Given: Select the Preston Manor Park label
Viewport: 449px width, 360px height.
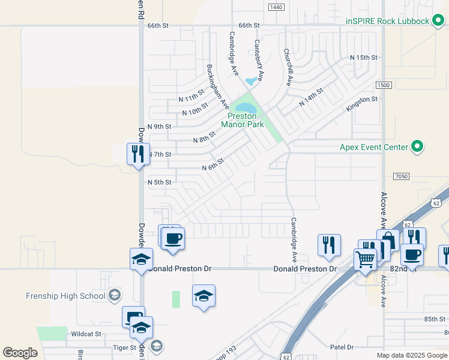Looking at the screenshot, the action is (x=243, y=120).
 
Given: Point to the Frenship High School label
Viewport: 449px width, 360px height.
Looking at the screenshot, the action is (x=65, y=296).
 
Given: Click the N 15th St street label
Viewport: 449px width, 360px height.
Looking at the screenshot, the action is (x=364, y=58).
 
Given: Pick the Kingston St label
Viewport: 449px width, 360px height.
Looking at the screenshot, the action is (x=361, y=103).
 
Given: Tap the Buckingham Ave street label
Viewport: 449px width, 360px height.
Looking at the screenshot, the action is (x=217, y=86).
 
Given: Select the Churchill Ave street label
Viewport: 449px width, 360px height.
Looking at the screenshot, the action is (x=288, y=67).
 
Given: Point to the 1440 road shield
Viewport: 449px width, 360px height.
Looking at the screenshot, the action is (x=276, y=7).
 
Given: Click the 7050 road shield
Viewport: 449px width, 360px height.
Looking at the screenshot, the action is (x=402, y=176).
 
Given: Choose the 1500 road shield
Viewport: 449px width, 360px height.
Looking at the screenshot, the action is (x=384, y=85).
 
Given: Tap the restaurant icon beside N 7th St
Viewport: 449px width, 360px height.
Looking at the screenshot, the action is (x=137, y=154).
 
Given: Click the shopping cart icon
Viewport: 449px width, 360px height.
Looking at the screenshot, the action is (x=365, y=260).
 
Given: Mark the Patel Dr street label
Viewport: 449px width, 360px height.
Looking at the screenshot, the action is (x=342, y=347).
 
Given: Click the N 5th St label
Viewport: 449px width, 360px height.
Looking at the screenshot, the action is (x=160, y=182).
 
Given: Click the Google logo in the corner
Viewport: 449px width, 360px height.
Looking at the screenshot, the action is (x=20, y=353).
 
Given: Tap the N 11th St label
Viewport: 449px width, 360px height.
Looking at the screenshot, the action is (x=192, y=98).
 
